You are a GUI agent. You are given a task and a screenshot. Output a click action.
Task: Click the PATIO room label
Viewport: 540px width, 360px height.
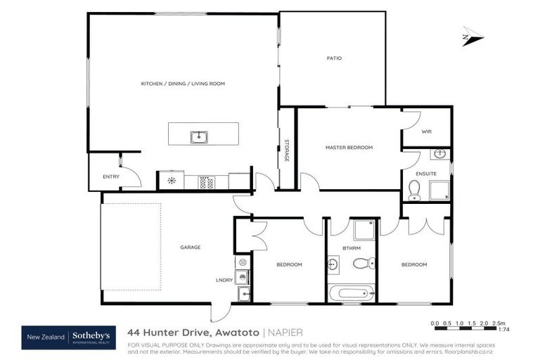[333, 58]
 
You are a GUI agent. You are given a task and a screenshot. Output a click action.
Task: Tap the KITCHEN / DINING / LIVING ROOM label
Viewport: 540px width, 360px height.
[183, 84]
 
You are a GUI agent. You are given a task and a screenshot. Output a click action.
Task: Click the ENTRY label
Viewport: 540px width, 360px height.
[111, 176]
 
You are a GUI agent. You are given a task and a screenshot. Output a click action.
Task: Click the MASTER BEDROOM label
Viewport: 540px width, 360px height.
[349, 148]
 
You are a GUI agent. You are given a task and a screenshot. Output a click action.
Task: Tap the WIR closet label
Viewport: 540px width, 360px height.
[426, 131]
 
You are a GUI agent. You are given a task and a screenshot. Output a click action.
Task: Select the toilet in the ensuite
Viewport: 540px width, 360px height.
[414, 190]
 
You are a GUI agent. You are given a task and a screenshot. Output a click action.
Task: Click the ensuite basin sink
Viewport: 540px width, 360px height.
[439, 154]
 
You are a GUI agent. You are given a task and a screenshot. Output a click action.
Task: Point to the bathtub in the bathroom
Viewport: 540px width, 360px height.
[352, 292]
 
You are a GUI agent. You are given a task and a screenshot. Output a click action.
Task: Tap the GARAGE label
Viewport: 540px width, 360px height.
[190, 247]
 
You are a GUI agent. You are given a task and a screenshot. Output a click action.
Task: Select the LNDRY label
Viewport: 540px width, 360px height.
[224, 280]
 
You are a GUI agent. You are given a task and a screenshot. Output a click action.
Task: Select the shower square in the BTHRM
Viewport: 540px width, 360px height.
[364, 229]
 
